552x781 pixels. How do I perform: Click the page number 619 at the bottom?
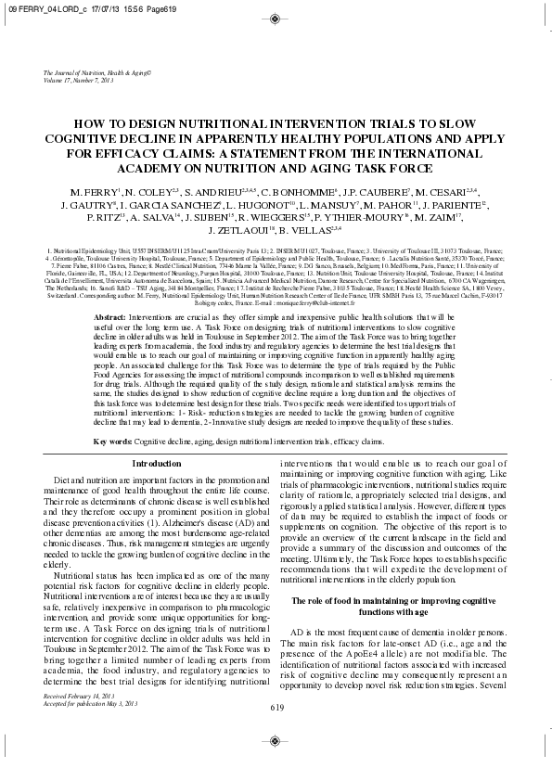(x=276, y=708)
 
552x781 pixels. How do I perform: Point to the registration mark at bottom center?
(x=276, y=741)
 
